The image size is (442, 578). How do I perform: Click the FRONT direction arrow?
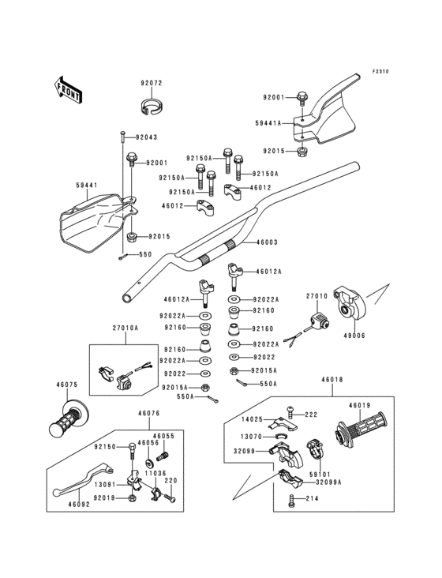[x=67, y=90]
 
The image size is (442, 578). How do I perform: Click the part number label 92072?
[x=151, y=84]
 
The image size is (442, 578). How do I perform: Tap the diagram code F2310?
[x=380, y=71]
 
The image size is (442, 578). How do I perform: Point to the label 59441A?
[x=268, y=123]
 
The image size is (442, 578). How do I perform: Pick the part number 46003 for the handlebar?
[x=267, y=242]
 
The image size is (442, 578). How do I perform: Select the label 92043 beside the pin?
[x=147, y=137]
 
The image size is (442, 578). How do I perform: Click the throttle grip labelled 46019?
[x=361, y=429]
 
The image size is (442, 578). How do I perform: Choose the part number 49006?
[x=354, y=336]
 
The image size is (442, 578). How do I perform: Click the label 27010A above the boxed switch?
[x=125, y=328]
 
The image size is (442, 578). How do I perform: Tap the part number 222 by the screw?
[x=311, y=415]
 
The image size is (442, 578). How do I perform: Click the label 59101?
[x=320, y=474]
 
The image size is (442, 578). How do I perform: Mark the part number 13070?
[x=251, y=437]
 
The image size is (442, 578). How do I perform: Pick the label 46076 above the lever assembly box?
[x=149, y=413]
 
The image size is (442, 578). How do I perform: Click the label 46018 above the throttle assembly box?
[x=331, y=379]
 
